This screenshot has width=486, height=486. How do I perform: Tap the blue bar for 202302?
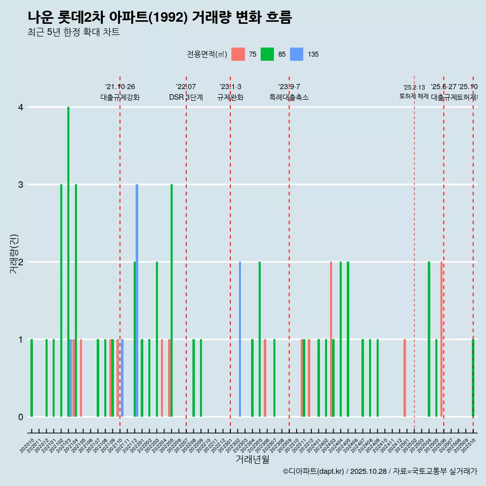tap(240, 339)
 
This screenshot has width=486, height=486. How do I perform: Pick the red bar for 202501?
tap(404, 378)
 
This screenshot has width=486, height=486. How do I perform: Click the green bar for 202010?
tap(31, 378)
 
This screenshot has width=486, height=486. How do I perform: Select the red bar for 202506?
tap(441, 339)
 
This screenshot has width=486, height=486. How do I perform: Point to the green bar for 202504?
tap(429, 339)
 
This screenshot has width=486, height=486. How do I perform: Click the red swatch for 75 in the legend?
tap(238, 54)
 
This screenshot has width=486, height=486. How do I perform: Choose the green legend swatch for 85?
tap(267, 54)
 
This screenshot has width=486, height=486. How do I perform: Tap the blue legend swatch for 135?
tap(297, 54)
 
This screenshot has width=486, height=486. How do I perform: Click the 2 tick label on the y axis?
tap(21, 262)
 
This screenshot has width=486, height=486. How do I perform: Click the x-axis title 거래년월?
tap(252, 459)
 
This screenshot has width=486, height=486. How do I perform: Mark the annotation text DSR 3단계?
tap(186, 97)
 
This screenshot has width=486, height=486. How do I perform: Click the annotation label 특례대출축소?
tap(289, 97)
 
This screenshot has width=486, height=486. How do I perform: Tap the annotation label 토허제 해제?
tap(414, 96)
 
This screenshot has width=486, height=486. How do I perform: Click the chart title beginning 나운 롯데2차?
tap(159, 17)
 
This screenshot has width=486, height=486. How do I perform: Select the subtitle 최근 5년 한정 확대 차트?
tap(73, 32)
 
